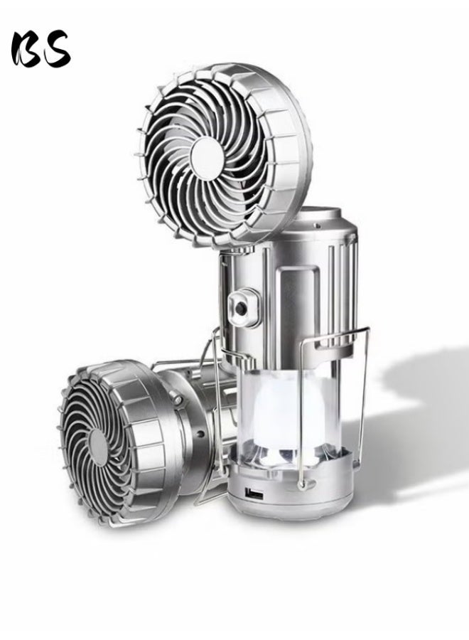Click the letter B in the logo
tap(26, 50)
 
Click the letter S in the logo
tap(57, 48)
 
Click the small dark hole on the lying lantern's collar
tap(200, 434)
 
